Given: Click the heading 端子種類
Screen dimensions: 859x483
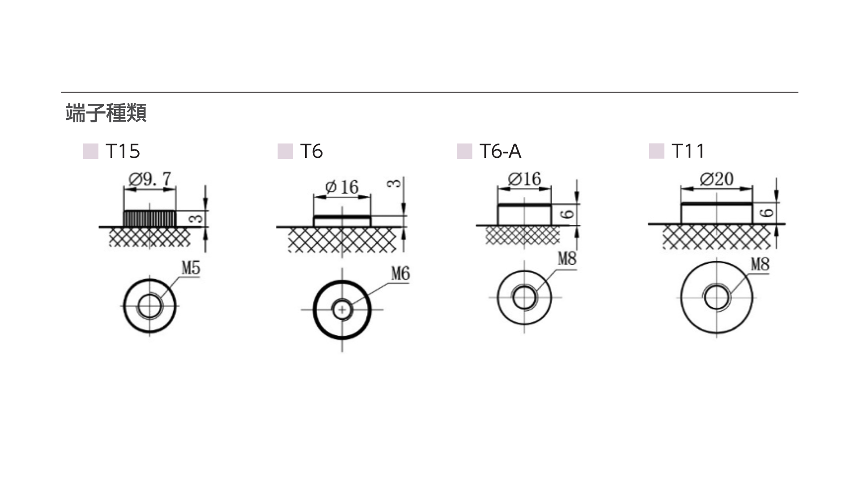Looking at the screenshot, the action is pos(106,113).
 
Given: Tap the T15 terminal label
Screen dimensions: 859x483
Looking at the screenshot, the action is pos(123,151).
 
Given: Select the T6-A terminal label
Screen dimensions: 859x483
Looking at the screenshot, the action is pos(500,151).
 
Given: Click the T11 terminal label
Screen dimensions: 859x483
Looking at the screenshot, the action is pos(688,151).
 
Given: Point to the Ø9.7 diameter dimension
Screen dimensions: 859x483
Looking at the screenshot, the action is pos(150,179).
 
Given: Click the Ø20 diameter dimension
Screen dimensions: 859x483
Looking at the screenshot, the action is pos(717,179).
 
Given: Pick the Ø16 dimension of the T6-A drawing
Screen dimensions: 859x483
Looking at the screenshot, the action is pos(524,179).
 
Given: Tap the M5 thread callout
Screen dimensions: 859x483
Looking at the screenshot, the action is pos(191,268).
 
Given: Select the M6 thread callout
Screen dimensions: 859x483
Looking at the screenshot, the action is pos(400,273).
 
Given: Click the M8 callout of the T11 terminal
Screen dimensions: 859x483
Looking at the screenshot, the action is pos(760,264).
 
